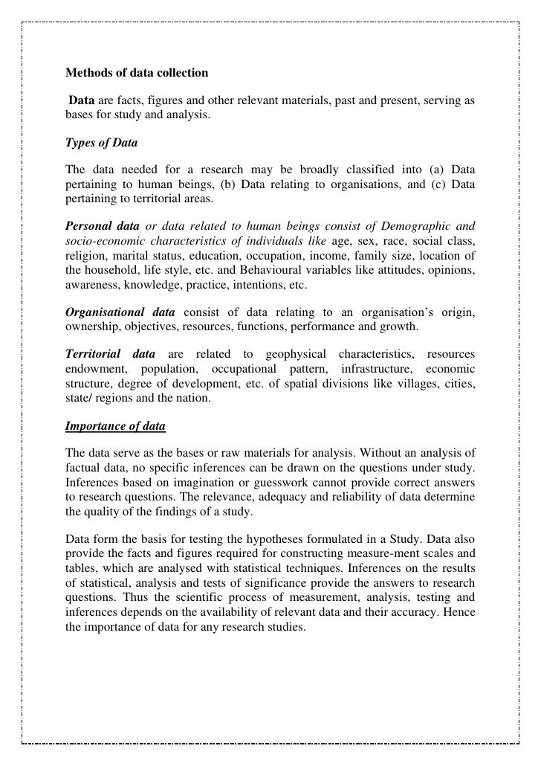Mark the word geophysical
287,354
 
